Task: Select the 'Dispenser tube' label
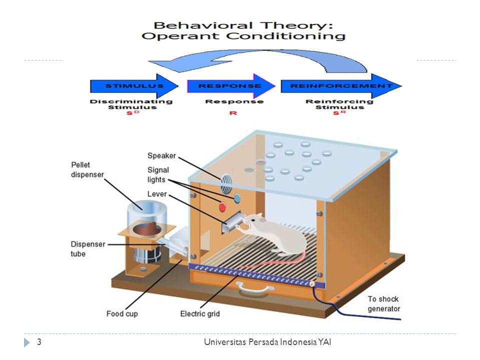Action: pos(87,249)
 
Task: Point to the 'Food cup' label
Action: pos(121,314)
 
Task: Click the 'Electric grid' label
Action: pos(199,314)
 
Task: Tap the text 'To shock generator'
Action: pos(383,304)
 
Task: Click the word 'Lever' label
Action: pos(157,193)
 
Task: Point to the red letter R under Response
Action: pos(233,113)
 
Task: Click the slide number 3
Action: pos(39,342)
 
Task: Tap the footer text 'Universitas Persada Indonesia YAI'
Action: pos(268,342)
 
